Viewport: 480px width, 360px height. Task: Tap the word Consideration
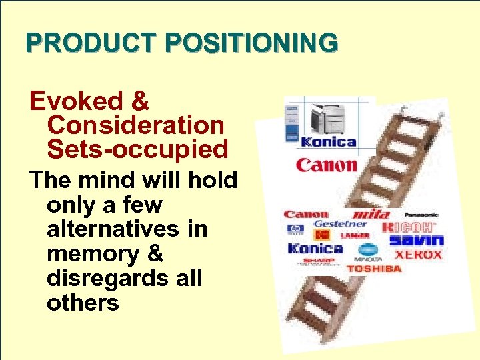coord(136,125)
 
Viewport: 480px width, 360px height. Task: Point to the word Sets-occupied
coord(138,149)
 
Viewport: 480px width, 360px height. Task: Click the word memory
coord(87,253)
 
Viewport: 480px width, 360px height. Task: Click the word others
coord(83,303)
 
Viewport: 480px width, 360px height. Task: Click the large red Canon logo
coord(327,164)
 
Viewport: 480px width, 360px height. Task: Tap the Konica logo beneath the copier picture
coord(329,141)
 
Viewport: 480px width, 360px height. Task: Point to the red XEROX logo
coord(419,255)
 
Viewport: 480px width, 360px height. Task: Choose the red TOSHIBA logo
coord(374,269)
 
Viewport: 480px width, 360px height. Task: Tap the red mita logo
coord(371,214)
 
